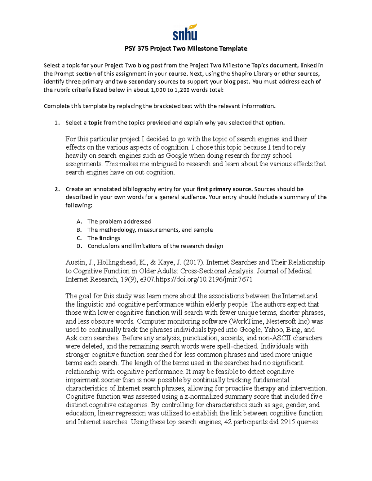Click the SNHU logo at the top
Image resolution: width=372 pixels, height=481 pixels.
pyautogui.click(x=185, y=32)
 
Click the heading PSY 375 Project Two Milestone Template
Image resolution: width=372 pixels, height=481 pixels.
pyautogui.click(x=186, y=48)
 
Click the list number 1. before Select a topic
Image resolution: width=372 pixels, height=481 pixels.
pyautogui.click(x=57, y=123)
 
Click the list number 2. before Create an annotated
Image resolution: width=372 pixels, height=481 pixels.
pyautogui.click(x=57, y=189)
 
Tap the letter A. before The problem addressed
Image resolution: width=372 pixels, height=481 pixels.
pyautogui.click(x=79, y=221)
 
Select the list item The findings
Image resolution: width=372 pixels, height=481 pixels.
pyautogui.click(x=104, y=238)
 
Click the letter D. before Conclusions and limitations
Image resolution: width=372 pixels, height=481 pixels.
pyautogui.click(x=79, y=246)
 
